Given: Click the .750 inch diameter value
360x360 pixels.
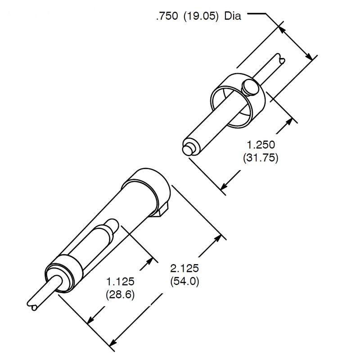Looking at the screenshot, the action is click(x=167, y=16).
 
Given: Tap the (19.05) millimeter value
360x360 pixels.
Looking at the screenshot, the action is click(x=201, y=16).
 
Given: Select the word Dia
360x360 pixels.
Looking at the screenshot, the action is click(x=233, y=16).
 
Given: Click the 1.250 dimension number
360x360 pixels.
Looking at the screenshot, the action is click(x=261, y=144).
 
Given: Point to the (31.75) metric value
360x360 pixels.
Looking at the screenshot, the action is click(x=261, y=158).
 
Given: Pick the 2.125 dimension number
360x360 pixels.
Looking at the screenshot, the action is click(x=184, y=268).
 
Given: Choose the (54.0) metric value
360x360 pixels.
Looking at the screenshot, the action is click(x=184, y=281).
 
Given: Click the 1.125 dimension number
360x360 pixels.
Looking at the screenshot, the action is click(x=120, y=281).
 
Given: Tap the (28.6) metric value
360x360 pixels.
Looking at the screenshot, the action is click(x=120, y=294).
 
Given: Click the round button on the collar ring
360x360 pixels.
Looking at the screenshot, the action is click(x=250, y=87).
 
